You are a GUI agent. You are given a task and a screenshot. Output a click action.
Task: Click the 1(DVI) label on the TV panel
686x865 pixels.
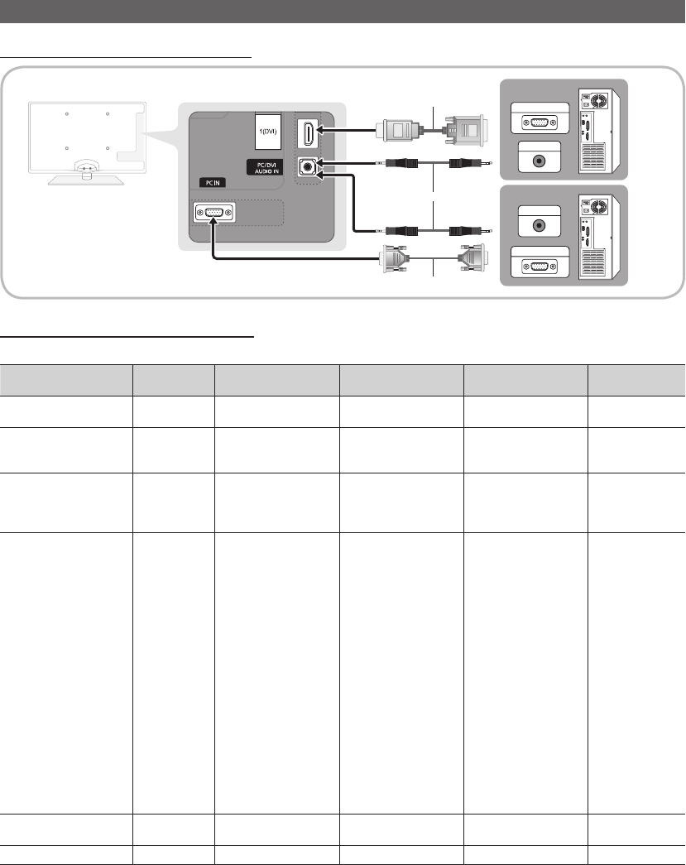268,132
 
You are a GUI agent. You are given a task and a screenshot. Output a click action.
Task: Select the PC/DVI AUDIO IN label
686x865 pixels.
266,168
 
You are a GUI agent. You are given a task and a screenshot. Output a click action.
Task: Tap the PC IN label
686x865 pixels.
213,183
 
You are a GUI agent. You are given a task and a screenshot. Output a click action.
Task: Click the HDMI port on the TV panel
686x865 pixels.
308,133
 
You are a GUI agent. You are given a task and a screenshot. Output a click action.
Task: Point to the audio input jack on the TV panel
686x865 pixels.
307,166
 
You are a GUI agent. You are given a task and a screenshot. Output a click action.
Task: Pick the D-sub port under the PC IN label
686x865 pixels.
214,213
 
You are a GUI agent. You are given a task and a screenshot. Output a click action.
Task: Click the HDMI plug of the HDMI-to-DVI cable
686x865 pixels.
396,130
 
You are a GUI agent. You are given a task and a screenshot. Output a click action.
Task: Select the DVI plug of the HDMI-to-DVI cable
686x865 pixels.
466,130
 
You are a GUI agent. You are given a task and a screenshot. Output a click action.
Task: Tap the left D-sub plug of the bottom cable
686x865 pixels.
395,258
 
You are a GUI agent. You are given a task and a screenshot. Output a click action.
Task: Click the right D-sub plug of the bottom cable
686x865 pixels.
473,258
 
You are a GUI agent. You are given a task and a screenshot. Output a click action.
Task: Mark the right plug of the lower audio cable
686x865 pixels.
470,231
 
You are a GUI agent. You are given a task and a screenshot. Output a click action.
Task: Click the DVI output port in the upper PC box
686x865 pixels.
540,123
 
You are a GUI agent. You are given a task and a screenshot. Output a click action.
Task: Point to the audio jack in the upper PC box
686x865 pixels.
540,161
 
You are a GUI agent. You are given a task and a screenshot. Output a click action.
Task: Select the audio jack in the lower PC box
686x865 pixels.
540,225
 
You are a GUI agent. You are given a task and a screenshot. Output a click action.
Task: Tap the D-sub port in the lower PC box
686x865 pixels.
540,267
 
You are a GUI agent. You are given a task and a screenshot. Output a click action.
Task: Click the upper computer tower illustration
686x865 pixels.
599,130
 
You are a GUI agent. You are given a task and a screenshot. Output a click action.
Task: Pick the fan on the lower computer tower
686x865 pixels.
598,207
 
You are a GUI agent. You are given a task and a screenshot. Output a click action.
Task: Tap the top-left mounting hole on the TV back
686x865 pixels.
67,114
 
